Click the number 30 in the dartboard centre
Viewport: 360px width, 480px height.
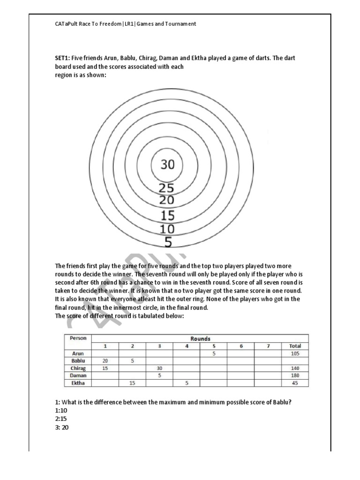167,165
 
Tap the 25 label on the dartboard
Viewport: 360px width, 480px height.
166,188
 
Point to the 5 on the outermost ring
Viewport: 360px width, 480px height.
168,242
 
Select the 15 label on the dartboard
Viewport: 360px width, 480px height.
167,216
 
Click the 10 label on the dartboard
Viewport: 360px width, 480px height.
167,229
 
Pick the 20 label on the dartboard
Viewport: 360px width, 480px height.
166,200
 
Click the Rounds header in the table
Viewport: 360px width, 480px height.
200,338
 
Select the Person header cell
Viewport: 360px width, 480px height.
78,338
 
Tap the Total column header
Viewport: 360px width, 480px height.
295,346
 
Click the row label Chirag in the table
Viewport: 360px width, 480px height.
78,368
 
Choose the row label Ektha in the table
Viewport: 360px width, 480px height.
78,383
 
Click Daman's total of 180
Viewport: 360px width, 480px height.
295,375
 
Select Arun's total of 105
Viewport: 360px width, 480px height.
295,353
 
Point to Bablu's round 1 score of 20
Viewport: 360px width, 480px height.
105,361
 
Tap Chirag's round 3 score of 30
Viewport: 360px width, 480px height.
159,368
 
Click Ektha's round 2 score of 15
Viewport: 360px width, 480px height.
132,383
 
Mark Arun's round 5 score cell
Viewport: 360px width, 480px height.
214,353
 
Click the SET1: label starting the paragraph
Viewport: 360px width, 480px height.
62,58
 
